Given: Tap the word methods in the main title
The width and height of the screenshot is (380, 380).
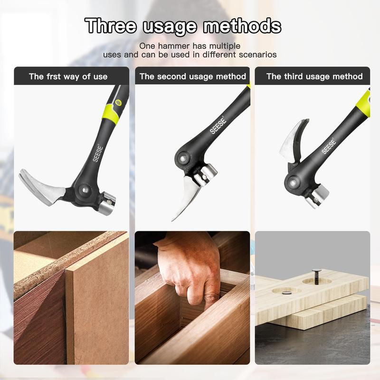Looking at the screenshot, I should tap(242, 26).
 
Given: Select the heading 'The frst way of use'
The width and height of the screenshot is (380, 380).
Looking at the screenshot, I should tap(68, 76).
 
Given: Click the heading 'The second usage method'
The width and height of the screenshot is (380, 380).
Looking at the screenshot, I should tap(192, 76).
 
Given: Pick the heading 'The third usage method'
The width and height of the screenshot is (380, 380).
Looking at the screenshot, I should tap(314, 76).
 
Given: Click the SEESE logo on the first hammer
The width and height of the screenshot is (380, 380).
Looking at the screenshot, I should tap(99, 152).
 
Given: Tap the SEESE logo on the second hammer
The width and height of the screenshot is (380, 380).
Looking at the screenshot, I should tap(218, 125).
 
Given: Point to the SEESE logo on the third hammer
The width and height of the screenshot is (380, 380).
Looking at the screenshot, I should tap(329, 145).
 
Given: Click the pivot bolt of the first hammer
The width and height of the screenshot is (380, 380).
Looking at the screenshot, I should tap(85, 190).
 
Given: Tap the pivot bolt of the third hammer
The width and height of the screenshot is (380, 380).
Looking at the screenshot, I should tap(292, 181).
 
